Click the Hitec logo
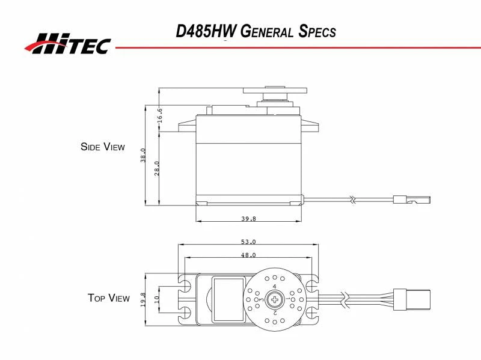[67, 43]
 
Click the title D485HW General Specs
[256, 31]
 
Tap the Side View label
[103, 146]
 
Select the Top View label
[108, 297]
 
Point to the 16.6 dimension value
[160, 115]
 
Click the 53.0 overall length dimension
[248, 242]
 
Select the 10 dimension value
[157, 299]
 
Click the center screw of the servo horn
[275, 299]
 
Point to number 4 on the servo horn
[275, 287]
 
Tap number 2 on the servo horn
[275, 313]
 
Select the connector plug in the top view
[416, 298]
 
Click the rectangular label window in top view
[229, 299]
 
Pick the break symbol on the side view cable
[355, 198]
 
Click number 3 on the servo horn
[261, 299]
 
